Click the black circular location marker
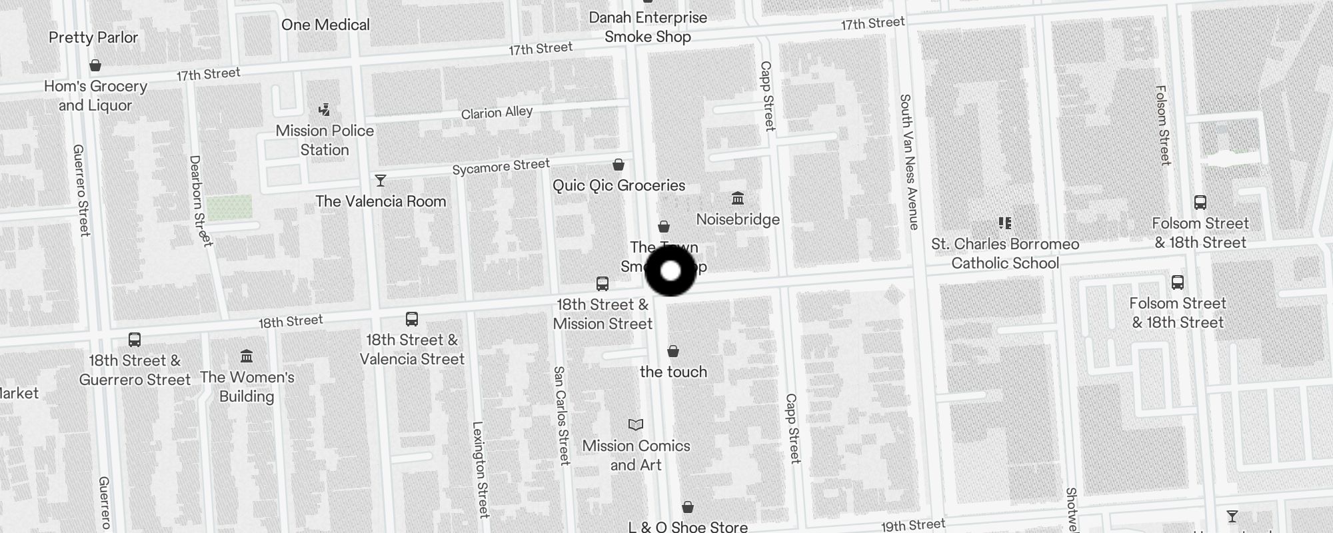click(670, 271)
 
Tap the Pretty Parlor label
click(93, 37)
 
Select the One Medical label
click(325, 25)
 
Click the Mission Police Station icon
click(325, 109)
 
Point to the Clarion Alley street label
click(497, 113)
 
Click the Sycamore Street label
click(501, 167)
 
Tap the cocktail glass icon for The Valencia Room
click(381, 181)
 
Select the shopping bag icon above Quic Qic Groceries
click(619, 165)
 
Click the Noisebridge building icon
click(738, 199)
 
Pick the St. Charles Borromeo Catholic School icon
click(1005, 223)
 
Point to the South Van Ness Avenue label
click(909, 162)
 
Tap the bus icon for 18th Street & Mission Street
click(603, 284)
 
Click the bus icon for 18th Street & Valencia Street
click(412, 319)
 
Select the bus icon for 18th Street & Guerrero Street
click(135, 340)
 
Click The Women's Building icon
click(247, 356)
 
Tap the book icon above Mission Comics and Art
click(636, 424)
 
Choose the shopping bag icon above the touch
click(673, 351)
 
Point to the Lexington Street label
click(481, 469)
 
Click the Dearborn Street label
click(199, 201)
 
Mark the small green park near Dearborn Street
click(229, 207)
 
